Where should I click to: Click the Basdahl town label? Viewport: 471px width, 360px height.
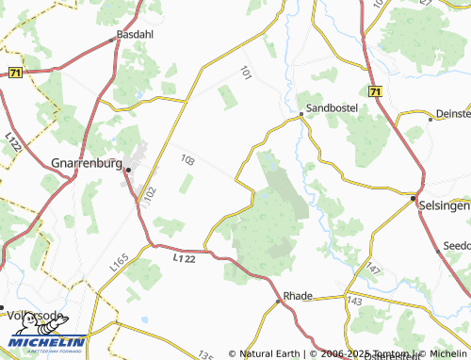[x=133, y=35]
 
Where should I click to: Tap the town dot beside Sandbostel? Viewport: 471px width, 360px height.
[x=301, y=115]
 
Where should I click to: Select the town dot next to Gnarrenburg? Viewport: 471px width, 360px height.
[x=126, y=171]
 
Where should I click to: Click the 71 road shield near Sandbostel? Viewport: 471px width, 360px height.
[x=375, y=91]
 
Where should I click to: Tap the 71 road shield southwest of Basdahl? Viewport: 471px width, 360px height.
[x=16, y=72]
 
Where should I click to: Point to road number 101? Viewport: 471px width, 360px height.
[x=246, y=72]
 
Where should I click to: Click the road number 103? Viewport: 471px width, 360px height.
[x=188, y=161]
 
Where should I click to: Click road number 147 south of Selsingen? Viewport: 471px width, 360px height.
[x=374, y=270]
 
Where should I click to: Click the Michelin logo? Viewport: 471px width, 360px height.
[x=44, y=343]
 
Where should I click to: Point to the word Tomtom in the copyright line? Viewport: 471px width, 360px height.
[x=374, y=354]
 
